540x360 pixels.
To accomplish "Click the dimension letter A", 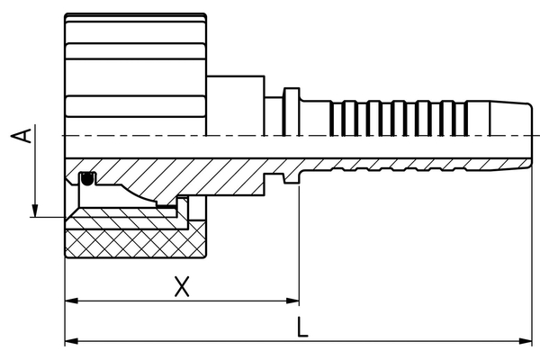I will point(26,135).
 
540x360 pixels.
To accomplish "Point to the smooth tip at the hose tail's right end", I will point(509,117).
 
